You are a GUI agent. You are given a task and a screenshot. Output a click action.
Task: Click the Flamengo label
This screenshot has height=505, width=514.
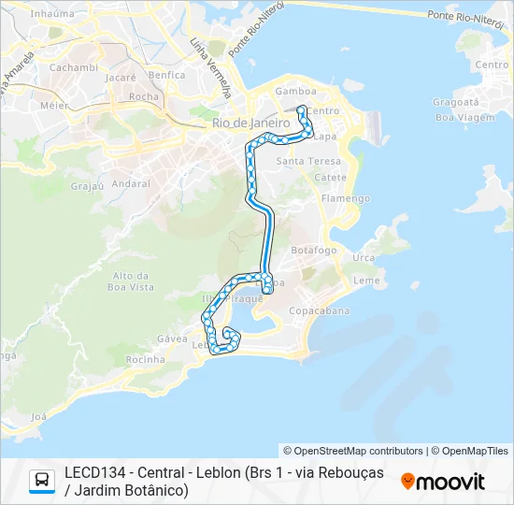click(346, 198)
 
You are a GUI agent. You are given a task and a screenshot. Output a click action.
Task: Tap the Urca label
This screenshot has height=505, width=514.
click(364, 257)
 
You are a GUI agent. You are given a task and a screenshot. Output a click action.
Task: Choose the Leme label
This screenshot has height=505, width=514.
click(367, 280)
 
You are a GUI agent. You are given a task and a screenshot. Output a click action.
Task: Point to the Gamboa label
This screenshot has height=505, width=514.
click(294, 92)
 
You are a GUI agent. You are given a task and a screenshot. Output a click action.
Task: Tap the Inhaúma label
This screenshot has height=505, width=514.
click(52, 14)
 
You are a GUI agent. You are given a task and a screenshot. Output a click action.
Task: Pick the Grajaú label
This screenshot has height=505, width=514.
click(87, 185)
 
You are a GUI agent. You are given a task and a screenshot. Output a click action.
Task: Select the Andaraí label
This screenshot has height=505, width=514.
click(131, 184)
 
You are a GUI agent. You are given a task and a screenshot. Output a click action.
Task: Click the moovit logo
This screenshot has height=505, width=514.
click(443, 482)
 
